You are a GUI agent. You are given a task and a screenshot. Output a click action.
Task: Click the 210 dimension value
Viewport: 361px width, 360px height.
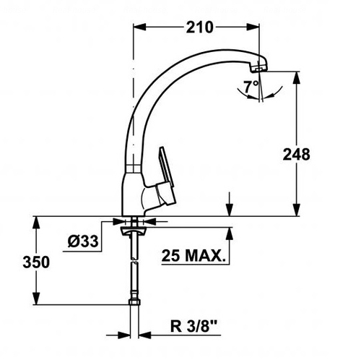[199, 27]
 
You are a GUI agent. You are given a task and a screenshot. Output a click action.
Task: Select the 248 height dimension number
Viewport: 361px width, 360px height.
[296, 155]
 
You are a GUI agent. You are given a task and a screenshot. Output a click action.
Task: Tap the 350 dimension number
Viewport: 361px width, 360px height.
[36, 262]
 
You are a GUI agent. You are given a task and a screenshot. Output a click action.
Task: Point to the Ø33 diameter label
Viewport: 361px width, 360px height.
[83, 241]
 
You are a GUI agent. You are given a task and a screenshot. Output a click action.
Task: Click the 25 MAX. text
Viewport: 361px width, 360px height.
[193, 255]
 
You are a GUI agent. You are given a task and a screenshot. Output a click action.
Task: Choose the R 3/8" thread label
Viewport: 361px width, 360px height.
[193, 327]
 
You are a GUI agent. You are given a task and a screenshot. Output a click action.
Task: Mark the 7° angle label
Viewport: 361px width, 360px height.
[251, 87]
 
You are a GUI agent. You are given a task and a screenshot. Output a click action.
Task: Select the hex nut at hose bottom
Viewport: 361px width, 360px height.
[134, 302]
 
